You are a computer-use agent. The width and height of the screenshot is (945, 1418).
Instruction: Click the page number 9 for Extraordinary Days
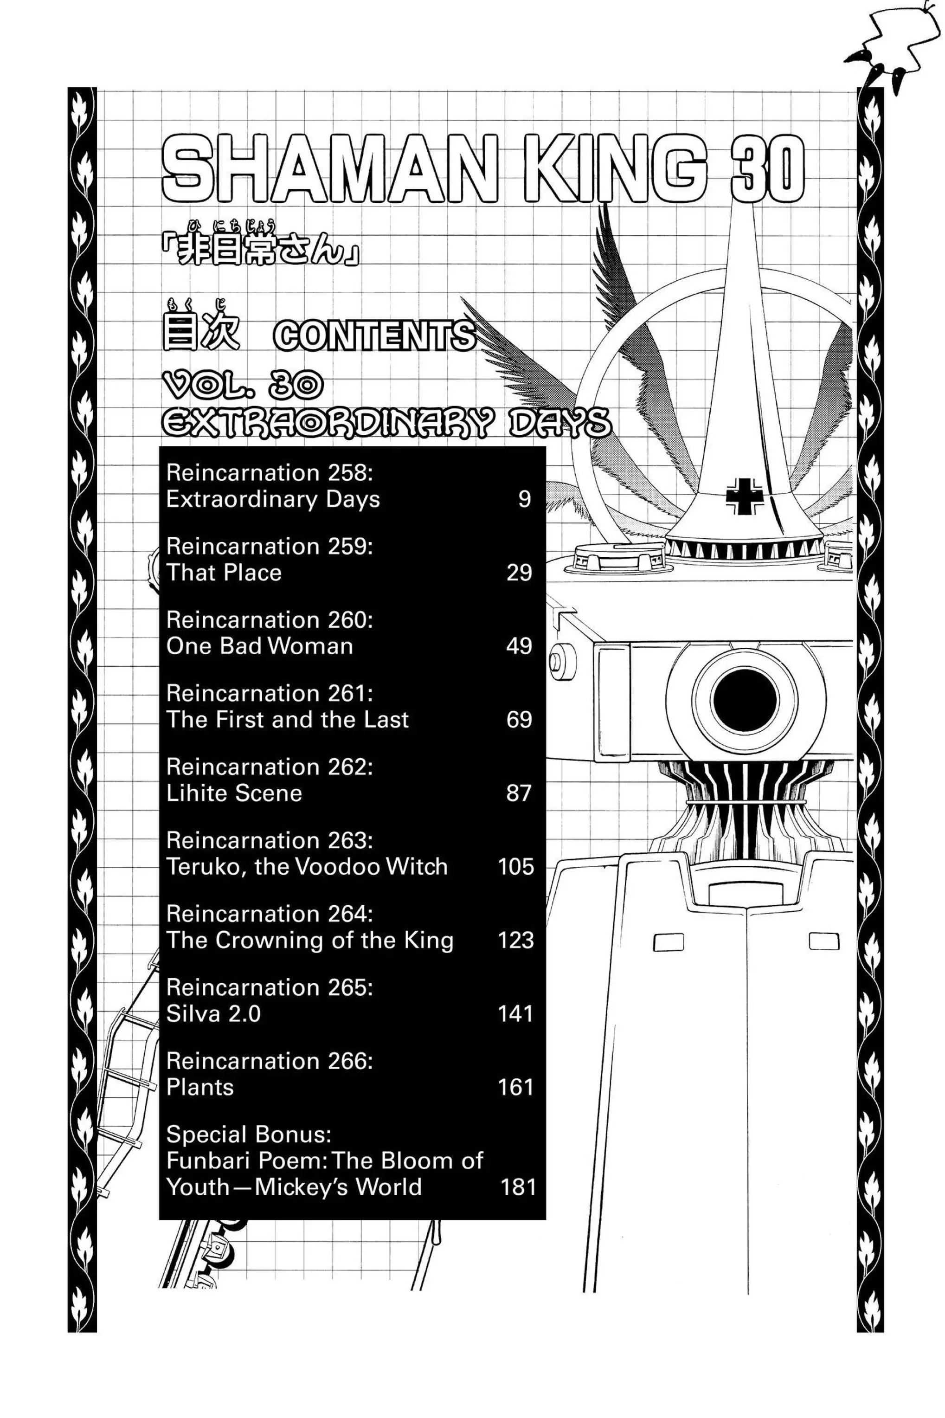click(524, 500)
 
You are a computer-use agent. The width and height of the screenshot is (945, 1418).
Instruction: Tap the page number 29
click(519, 573)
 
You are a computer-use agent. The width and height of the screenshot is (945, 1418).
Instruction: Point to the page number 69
click(519, 720)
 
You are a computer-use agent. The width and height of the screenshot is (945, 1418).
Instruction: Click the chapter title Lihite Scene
click(234, 793)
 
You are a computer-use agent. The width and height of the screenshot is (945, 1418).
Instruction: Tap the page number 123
click(516, 941)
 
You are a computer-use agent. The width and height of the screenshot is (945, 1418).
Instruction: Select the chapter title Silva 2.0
click(213, 1014)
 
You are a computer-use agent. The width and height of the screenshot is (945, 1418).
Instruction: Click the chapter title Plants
click(199, 1088)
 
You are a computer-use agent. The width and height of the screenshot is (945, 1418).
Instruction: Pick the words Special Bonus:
click(248, 1135)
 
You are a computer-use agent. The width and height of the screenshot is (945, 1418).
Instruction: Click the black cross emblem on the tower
click(744, 496)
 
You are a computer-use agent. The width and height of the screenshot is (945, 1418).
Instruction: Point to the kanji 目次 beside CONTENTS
click(201, 333)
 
